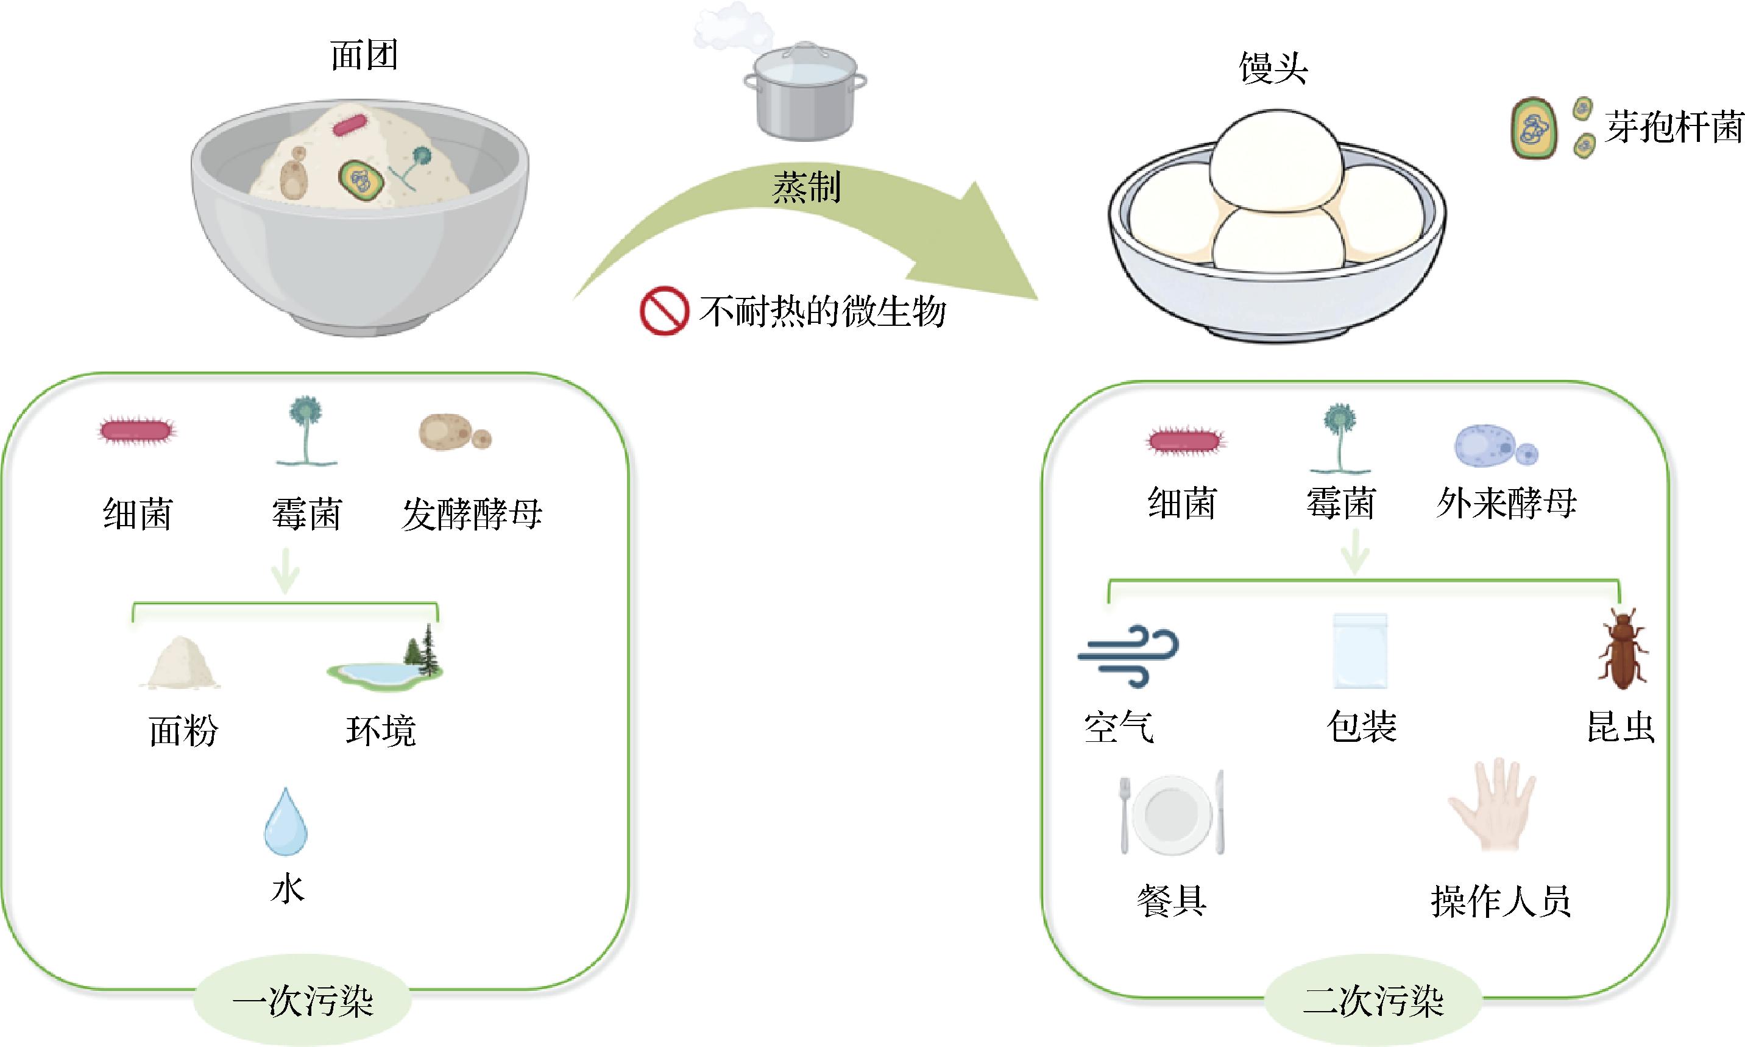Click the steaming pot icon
(804, 92)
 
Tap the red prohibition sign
(664, 311)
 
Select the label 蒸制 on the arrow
(807, 188)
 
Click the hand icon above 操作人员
(1492, 805)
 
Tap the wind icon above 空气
(1128, 655)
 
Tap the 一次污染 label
(303, 1001)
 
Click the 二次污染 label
(1373, 1001)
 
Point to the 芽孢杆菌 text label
(1673, 128)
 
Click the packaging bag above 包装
(1360, 650)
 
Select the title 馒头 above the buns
(1273, 68)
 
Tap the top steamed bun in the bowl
(1276, 161)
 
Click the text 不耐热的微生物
(822, 311)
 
